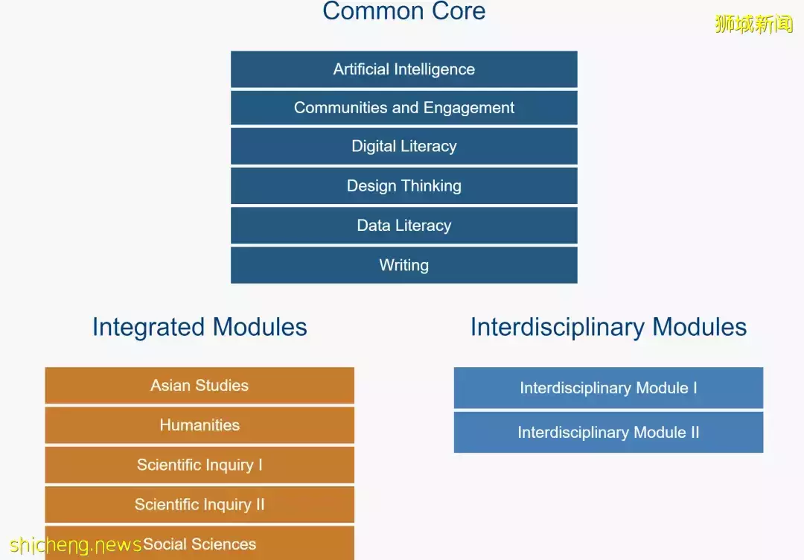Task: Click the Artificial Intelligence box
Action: tap(404, 69)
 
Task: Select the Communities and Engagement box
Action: tap(404, 108)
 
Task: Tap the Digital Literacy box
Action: tap(404, 146)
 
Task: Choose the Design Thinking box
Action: tap(404, 185)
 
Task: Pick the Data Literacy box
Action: tap(404, 225)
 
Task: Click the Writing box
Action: tap(404, 265)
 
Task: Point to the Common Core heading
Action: tap(404, 10)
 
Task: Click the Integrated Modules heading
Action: tap(200, 327)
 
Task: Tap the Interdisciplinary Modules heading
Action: tap(609, 327)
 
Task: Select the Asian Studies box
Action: tap(200, 385)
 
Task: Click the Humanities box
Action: tap(200, 425)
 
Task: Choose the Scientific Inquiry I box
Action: tap(200, 465)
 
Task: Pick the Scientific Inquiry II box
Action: tap(200, 505)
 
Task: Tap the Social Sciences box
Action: tap(200, 543)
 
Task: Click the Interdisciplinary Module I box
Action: tap(609, 388)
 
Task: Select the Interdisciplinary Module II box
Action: tap(609, 433)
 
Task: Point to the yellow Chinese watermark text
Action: tap(753, 24)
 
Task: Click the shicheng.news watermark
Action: tap(75, 544)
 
